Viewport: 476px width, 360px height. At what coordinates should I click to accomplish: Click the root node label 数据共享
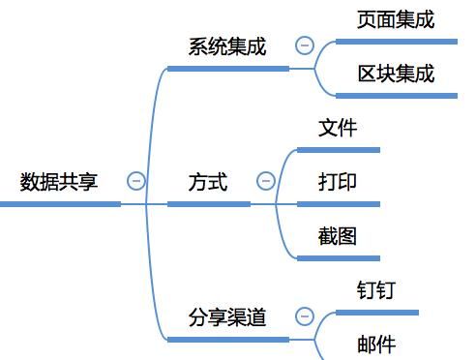click(x=59, y=181)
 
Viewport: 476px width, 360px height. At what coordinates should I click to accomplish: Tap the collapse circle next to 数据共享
click(x=136, y=181)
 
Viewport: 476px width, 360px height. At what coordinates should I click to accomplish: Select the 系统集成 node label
click(x=227, y=45)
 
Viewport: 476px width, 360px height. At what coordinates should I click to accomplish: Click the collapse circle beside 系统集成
click(x=305, y=45)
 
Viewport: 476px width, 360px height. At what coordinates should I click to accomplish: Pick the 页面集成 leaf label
click(x=396, y=18)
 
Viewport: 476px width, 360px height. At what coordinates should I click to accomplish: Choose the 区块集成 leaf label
click(x=396, y=73)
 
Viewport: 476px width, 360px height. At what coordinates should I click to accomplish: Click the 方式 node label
click(x=208, y=181)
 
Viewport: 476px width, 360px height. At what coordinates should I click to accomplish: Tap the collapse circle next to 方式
click(x=266, y=181)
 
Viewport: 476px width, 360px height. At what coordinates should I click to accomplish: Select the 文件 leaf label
click(x=338, y=127)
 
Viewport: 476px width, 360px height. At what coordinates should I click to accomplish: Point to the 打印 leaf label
click(x=338, y=181)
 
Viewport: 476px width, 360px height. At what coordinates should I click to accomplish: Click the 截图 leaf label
click(x=338, y=235)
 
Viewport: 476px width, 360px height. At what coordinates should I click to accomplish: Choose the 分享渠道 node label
click(x=227, y=316)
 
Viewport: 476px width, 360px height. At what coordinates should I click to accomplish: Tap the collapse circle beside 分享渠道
click(x=305, y=316)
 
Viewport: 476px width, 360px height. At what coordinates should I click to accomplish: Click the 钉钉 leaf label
click(x=376, y=289)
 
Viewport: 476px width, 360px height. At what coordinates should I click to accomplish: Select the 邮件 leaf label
click(x=376, y=344)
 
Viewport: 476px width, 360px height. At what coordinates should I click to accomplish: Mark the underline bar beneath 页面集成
click(x=396, y=42)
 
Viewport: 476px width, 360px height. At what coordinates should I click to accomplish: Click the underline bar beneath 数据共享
click(x=60, y=204)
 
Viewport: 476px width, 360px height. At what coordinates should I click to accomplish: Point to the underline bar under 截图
click(x=338, y=258)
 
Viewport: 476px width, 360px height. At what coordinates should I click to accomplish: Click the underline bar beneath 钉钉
click(x=376, y=313)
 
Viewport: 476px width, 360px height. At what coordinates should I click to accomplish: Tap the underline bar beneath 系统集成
click(x=227, y=69)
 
